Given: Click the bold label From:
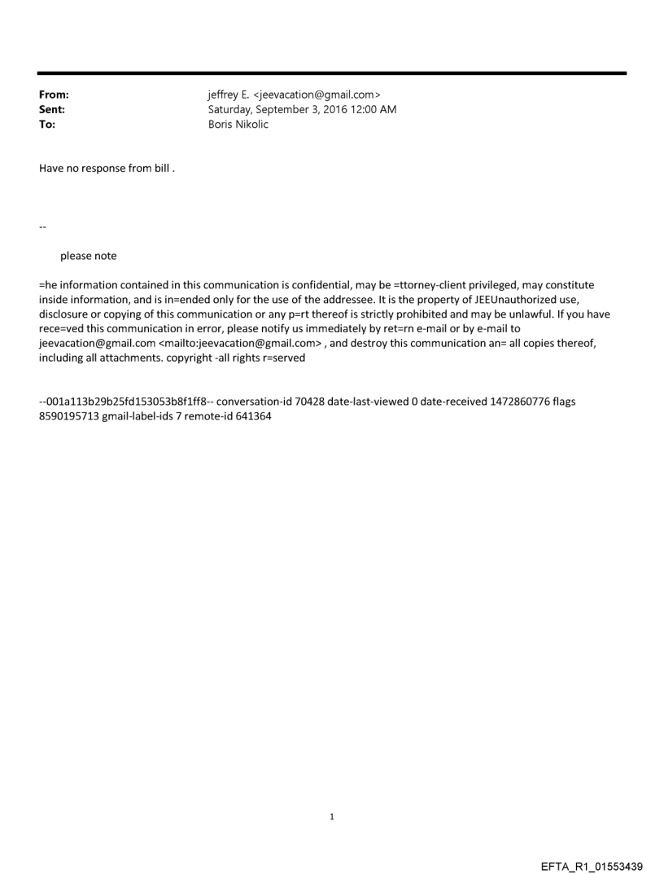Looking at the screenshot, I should (x=54, y=94).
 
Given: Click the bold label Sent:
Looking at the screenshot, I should (x=52, y=108).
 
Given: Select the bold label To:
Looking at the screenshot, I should (x=47, y=122).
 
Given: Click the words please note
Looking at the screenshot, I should (x=88, y=256).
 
